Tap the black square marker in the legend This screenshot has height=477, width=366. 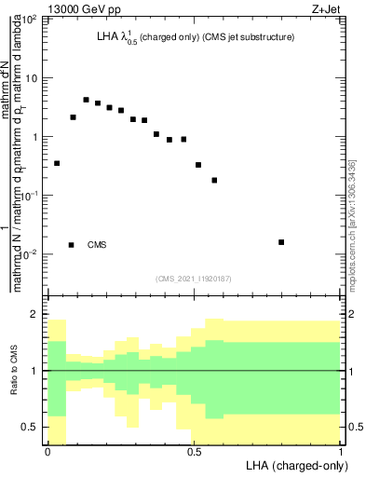point(72,245)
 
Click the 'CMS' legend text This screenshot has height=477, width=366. point(97,245)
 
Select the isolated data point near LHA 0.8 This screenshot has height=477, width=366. point(281,242)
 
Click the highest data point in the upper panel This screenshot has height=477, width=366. point(86,100)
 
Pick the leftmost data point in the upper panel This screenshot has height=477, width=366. point(57,163)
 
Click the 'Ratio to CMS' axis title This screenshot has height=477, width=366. point(26,371)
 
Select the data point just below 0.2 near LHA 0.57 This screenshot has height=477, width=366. point(214,180)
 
